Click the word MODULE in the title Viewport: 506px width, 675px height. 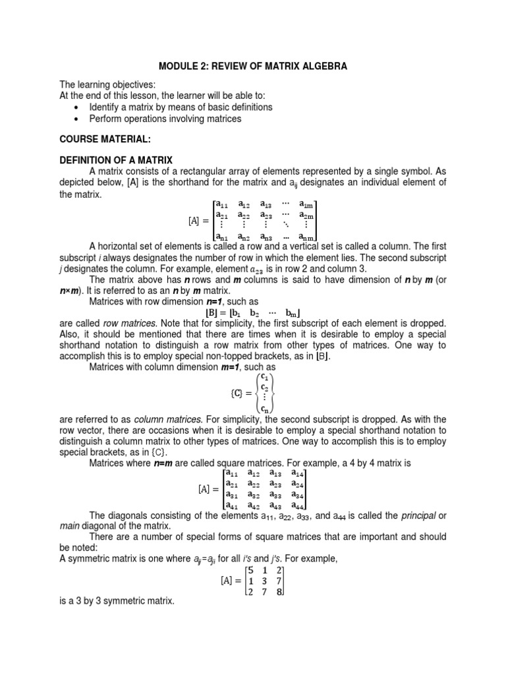pos(177,67)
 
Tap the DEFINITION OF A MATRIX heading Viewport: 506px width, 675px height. pos(115,160)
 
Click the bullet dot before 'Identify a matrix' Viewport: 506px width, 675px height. pos(78,107)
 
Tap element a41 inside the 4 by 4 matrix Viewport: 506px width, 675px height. pos(231,506)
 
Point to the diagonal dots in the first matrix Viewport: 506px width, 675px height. pos(285,225)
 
